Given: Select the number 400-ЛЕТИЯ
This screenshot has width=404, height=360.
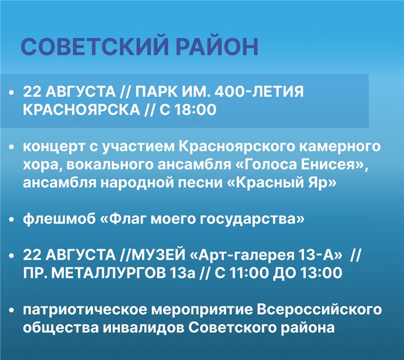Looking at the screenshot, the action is coord(259,92).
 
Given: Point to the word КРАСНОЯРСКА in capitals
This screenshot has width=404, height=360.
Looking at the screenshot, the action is coord(81,110).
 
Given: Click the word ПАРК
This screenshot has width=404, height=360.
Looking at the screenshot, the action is coord(156,92).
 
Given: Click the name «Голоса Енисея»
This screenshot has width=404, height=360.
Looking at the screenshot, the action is coord(301,165).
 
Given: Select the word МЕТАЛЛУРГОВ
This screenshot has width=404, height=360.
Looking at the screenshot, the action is coord(109,273).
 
